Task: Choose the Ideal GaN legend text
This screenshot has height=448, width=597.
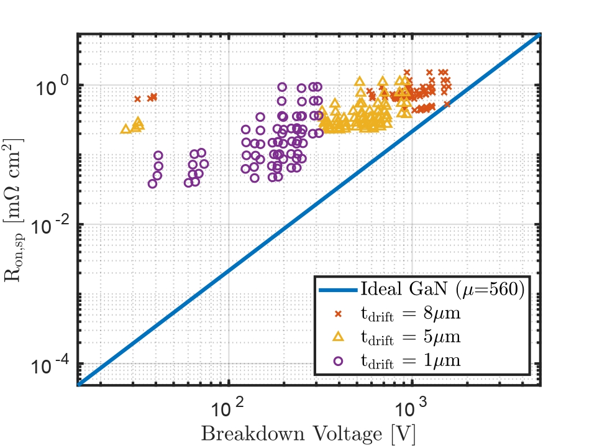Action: [442, 290]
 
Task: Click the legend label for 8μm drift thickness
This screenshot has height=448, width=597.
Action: [411, 314]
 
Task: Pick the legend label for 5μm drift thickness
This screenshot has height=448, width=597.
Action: [411, 337]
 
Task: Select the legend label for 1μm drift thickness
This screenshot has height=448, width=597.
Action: [411, 360]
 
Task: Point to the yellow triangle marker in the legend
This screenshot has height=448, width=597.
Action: [338, 337]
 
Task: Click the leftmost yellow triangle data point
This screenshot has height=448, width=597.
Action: [125, 129]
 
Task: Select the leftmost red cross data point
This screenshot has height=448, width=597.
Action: [138, 99]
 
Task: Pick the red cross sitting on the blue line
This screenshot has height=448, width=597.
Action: [447, 104]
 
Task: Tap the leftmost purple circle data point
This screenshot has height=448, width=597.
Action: [152, 183]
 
